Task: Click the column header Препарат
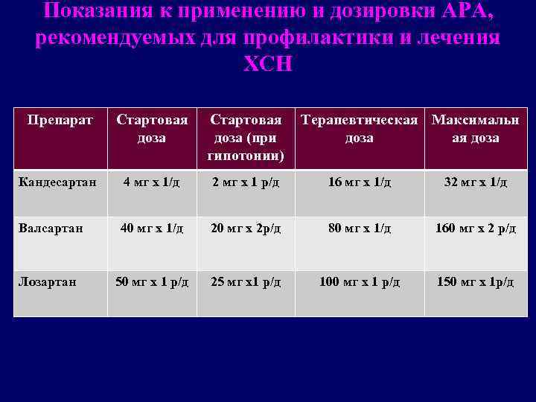coord(60,120)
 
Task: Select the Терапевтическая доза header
coord(359,129)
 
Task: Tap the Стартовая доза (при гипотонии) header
coord(246,138)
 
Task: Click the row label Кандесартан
coord(57,182)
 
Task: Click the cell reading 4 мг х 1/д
coord(151,182)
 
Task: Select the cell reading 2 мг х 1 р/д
coord(246,182)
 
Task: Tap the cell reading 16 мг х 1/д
coord(360,182)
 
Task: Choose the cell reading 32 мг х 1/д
coord(476,182)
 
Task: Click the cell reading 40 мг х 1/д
coord(151,229)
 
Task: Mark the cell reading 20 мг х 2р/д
coord(246,229)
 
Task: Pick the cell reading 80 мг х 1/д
coord(360,229)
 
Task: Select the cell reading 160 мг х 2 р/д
coord(476,229)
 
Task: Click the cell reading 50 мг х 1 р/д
coord(151,282)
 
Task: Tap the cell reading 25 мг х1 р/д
coord(246,282)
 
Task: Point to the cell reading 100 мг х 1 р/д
coord(360,282)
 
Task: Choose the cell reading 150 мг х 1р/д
coord(476,282)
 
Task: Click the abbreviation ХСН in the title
coord(268,65)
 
